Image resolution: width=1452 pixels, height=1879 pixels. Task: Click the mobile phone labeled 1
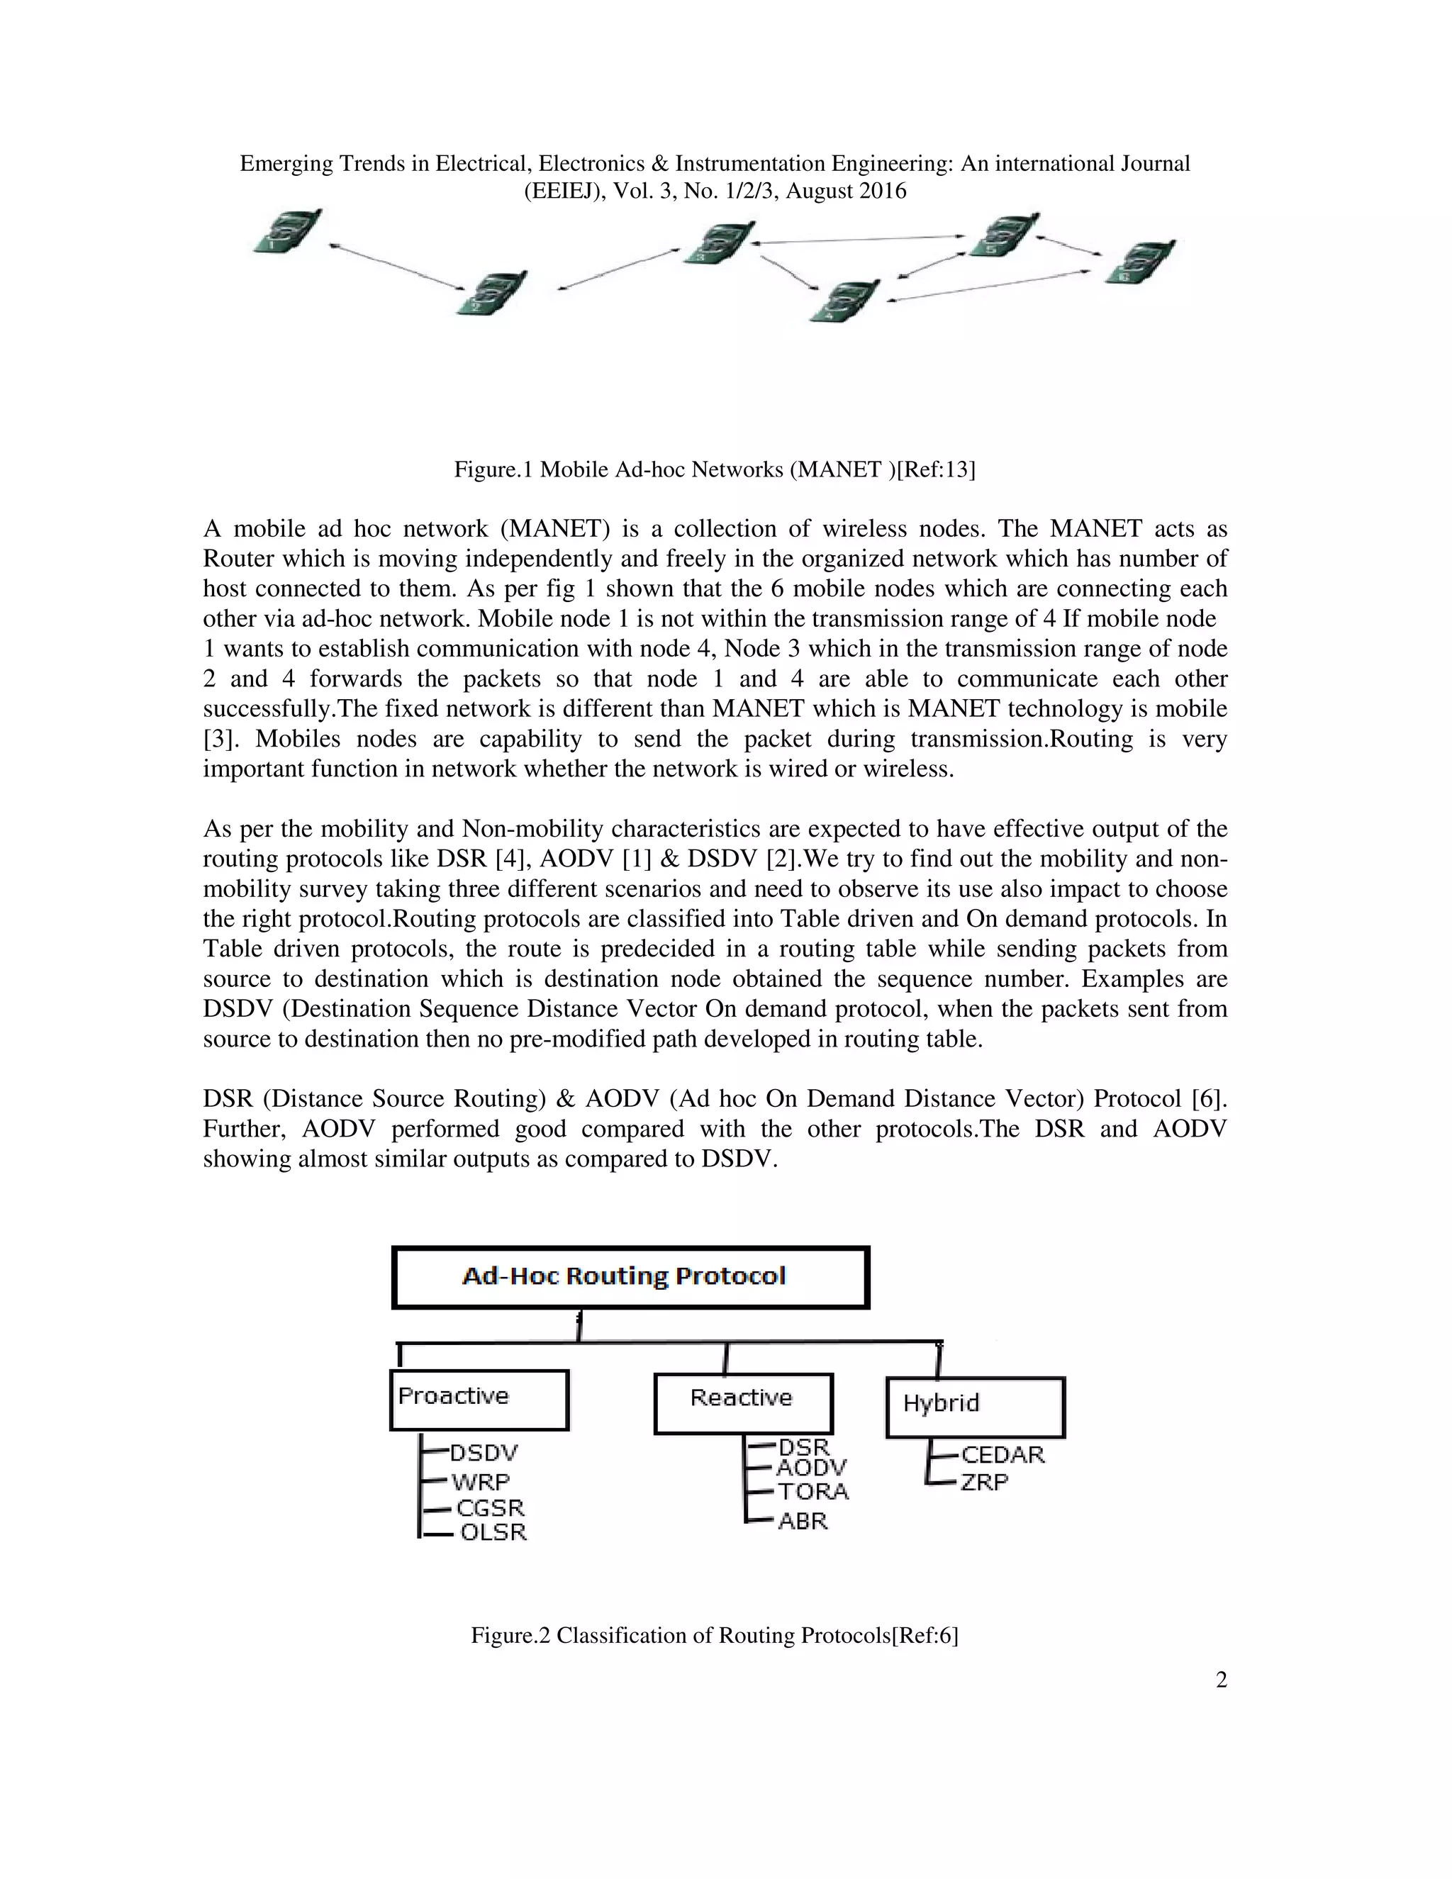287,231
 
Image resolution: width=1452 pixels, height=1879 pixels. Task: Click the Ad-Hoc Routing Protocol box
630,1277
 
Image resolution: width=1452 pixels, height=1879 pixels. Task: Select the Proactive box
479,1399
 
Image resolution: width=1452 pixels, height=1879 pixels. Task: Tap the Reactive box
742,1402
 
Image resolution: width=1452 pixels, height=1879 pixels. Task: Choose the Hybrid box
975,1407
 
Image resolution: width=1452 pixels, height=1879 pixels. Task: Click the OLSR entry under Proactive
493,1532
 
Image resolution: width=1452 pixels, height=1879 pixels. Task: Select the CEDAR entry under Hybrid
1002,1455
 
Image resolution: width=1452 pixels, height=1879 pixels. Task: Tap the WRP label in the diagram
481,1481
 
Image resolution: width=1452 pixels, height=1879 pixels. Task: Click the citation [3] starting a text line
218,739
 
